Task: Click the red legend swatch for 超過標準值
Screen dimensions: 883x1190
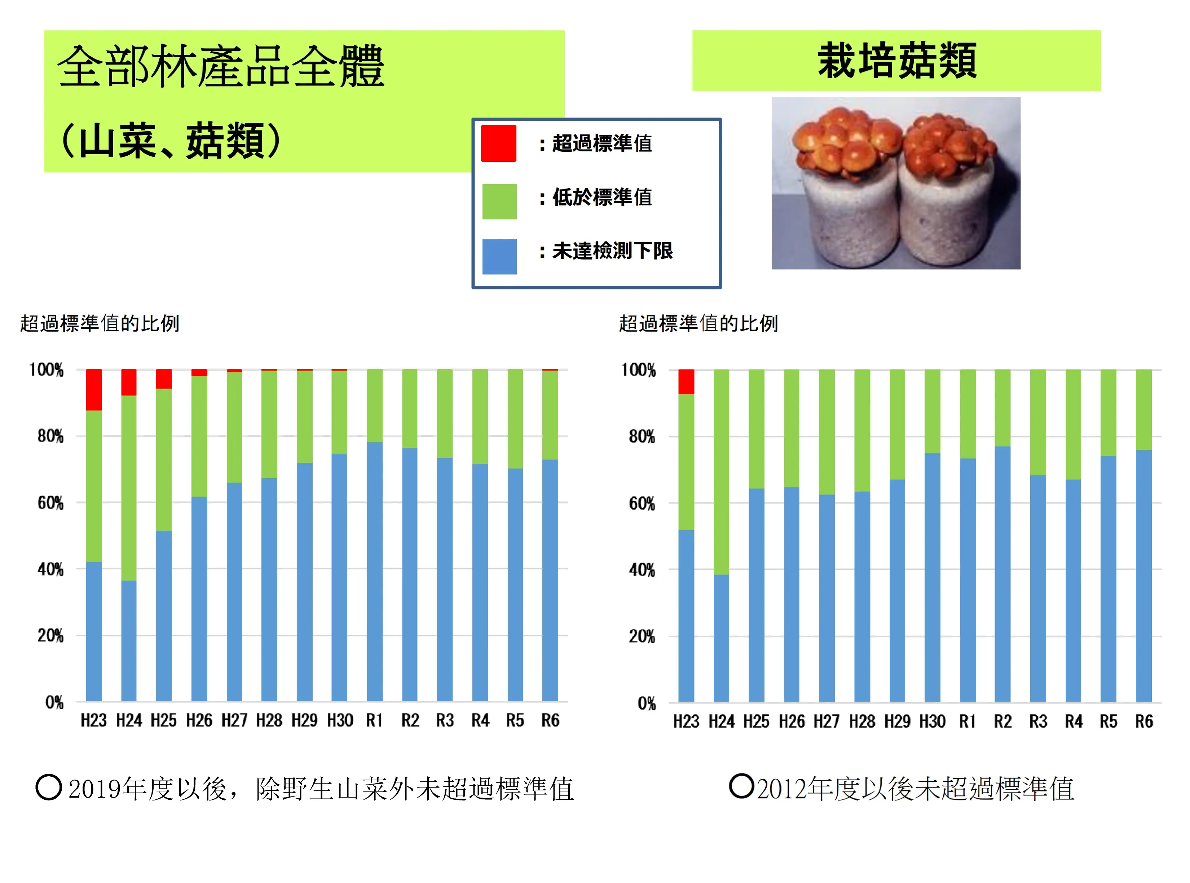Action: (x=498, y=143)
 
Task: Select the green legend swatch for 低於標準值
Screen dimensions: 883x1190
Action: (x=499, y=201)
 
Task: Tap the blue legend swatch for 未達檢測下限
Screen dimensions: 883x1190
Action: (x=499, y=257)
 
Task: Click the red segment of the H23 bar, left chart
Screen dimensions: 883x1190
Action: (x=94, y=390)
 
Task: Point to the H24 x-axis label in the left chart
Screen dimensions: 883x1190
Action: (x=129, y=720)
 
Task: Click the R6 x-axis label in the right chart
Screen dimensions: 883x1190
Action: (x=1143, y=722)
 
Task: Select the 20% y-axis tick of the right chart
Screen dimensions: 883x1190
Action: (x=642, y=636)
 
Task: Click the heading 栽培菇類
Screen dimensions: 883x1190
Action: (x=897, y=61)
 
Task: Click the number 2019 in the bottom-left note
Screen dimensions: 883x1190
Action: (x=95, y=789)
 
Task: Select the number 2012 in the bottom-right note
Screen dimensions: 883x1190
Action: (x=781, y=789)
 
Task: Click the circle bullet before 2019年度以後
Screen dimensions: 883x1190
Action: (x=49, y=787)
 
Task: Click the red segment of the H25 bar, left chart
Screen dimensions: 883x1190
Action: (x=164, y=379)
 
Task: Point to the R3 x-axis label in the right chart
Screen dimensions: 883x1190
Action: (x=1037, y=722)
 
